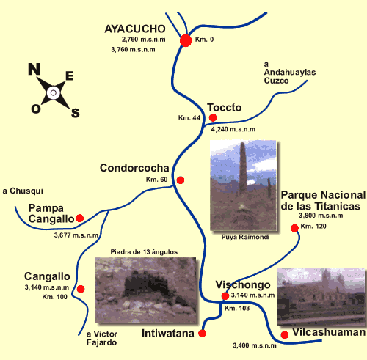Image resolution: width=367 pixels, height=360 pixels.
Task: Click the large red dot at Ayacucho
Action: (186, 40)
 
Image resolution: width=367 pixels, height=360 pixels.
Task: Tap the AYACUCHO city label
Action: (135, 29)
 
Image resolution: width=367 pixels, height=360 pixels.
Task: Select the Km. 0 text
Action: (204, 40)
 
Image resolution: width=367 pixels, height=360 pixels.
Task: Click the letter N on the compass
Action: (34, 69)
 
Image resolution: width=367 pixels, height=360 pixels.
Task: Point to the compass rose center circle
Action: (54, 93)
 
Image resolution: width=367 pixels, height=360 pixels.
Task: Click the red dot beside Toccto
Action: (213, 117)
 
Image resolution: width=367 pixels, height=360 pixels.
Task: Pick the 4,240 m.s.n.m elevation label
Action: (233, 129)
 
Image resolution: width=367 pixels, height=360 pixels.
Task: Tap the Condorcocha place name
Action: (134, 168)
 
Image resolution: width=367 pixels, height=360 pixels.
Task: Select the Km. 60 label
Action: (156, 180)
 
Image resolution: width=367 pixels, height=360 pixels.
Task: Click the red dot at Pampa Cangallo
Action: (80, 218)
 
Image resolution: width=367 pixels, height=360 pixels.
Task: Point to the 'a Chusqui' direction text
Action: (23, 191)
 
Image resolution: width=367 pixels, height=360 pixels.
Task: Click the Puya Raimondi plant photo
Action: (243, 185)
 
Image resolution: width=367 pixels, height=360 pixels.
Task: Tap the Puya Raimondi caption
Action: (245, 237)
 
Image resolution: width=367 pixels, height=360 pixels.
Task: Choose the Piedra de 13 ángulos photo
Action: (146, 290)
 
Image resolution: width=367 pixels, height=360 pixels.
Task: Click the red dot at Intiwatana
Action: (202, 333)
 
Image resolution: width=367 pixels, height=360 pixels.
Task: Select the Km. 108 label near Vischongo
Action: (237, 308)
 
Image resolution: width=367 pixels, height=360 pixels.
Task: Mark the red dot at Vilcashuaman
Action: (285, 335)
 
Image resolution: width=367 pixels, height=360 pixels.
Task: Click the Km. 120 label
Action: (313, 226)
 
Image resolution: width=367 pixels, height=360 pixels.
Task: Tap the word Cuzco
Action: (277, 81)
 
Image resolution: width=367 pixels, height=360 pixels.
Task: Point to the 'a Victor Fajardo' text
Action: (102, 338)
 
